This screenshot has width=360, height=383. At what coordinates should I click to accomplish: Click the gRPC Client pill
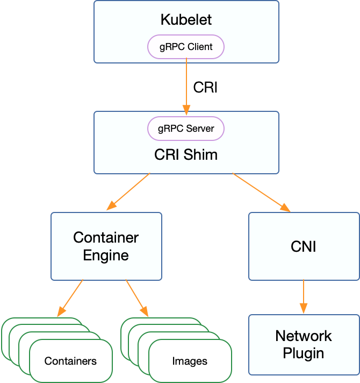[x=186, y=47]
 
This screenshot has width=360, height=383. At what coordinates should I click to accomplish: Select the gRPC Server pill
[x=186, y=129]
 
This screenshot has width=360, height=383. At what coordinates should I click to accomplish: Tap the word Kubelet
[x=186, y=20]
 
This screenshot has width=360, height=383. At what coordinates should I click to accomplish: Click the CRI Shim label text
[x=186, y=155]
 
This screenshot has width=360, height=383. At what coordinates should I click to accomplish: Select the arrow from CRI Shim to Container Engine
[x=129, y=191]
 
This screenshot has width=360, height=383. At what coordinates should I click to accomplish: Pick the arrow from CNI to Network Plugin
[x=304, y=297]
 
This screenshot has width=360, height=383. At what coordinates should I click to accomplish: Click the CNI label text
[x=304, y=246]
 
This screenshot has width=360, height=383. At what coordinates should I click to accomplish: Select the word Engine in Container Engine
[x=106, y=255]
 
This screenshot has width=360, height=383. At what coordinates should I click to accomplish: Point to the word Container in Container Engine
[x=106, y=237]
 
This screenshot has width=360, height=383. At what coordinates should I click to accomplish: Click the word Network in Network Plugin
[x=304, y=336]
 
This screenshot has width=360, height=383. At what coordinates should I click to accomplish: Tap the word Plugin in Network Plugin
[x=304, y=353]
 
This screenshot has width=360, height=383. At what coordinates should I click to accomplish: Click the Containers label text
[x=70, y=361]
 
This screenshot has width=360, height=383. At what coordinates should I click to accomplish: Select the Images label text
[x=190, y=361]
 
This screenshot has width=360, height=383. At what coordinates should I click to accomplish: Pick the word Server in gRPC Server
[x=200, y=129]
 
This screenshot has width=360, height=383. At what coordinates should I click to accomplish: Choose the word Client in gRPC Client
[x=200, y=47]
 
